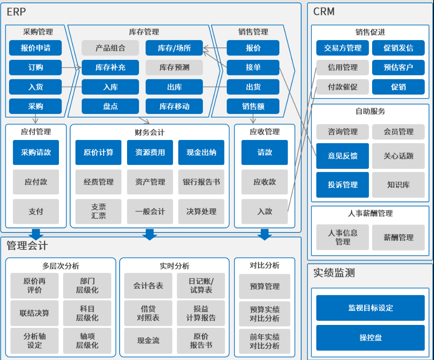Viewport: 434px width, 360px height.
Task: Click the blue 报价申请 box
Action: pyautogui.click(x=35, y=48)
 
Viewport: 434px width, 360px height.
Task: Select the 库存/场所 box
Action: pyautogui.click(x=174, y=48)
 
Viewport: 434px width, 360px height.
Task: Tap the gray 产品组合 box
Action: pyautogui.click(x=110, y=48)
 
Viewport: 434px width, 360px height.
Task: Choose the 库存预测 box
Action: pyautogui.click(x=174, y=67)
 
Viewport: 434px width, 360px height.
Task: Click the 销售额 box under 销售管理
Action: pyautogui.click(x=253, y=107)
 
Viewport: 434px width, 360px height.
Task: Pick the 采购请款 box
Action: pyautogui.click(x=36, y=152)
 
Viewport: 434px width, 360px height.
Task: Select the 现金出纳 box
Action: pyautogui.click(x=201, y=152)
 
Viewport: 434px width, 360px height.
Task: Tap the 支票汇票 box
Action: pyautogui.click(x=99, y=211)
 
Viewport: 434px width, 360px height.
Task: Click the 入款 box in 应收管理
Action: pyautogui.click(x=264, y=211)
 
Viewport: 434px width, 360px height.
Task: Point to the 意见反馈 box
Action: pyautogui.click(x=342, y=156)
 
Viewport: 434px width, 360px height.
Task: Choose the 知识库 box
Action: pyautogui.click(x=398, y=185)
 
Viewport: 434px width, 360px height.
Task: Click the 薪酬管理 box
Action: pyautogui.click(x=398, y=237)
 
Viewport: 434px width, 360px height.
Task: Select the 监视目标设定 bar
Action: pyautogui.click(x=370, y=308)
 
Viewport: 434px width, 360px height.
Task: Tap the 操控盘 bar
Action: pyautogui.click(x=370, y=338)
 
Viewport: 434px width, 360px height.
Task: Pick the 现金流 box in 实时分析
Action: pyautogui.click(x=148, y=341)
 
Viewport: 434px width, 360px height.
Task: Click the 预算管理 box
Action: pyautogui.click(x=264, y=286)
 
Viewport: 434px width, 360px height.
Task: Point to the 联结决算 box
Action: pyautogui.click(x=35, y=313)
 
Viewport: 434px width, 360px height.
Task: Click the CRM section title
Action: pyautogui.click(x=324, y=12)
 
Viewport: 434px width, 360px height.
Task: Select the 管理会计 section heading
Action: pyautogui.click(x=27, y=246)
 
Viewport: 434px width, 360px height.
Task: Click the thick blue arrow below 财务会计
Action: pyautogui.click(x=149, y=234)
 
